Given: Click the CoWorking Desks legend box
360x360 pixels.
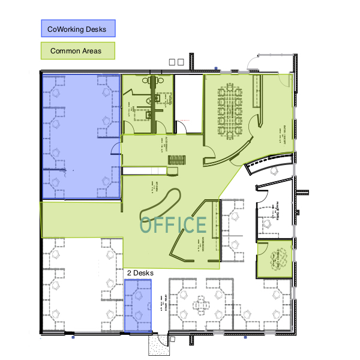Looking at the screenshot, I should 77,28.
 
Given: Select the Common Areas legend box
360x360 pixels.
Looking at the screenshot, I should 77,51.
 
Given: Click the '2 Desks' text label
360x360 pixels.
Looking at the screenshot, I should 140,273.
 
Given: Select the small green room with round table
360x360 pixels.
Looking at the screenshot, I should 275,259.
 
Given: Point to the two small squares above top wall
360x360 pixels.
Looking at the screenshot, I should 176,61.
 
